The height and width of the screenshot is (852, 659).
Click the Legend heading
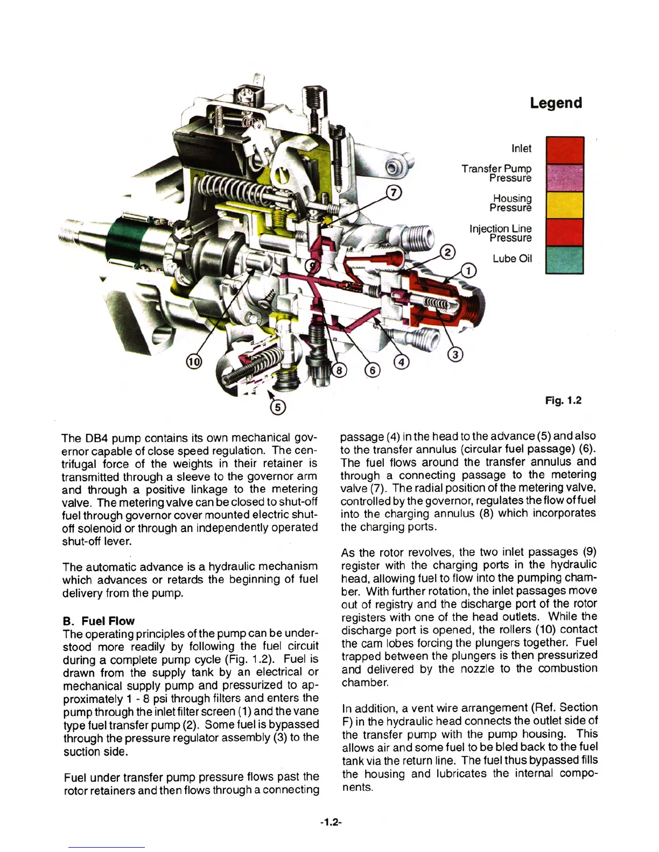coord(556,103)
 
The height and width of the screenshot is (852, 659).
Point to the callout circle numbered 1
coord(469,271)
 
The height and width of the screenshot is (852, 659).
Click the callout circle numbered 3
coord(455,354)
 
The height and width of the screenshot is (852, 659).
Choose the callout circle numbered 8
coord(339,371)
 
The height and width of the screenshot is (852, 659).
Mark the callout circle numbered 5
coord(278,407)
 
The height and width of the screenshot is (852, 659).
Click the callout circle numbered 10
coord(194,362)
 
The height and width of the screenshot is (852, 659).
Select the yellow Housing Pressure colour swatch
coord(565,205)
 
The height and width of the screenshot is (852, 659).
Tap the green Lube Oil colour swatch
coord(565,260)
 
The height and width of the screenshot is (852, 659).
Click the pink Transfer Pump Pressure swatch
coord(565,177)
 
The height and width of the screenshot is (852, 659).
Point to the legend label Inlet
coord(521,148)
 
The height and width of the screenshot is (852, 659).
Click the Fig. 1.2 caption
coord(563,400)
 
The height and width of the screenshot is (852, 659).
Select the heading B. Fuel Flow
coord(99,621)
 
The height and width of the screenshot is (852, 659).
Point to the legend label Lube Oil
coord(512,259)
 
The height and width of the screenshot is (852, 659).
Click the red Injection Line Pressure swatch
coord(565,232)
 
